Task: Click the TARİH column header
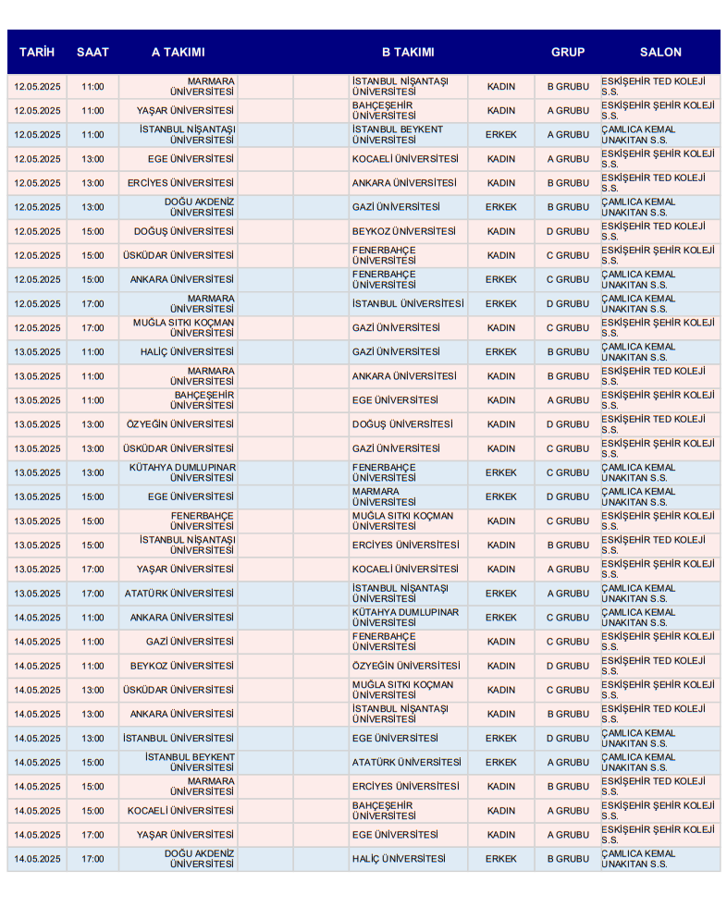pos(37,53)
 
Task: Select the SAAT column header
pos(92,53)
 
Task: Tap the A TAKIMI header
pos(179,53)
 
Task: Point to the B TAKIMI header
pos(408,53)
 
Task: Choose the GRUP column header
pos(568,53)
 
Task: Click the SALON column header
pos(660,53)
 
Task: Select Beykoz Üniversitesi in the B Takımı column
pos(403,231)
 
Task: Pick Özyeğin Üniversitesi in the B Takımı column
pos(405,666)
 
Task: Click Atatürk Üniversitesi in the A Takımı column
pos(179,594)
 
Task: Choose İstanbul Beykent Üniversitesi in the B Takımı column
pos(398,135)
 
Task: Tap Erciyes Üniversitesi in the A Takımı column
pos(181,183)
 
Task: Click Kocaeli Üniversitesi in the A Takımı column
pos(181,811)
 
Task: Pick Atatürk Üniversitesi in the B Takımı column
pos(406,763)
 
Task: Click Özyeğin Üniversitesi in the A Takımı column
pos(180,424)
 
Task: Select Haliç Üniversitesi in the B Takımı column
pos(398,859)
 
